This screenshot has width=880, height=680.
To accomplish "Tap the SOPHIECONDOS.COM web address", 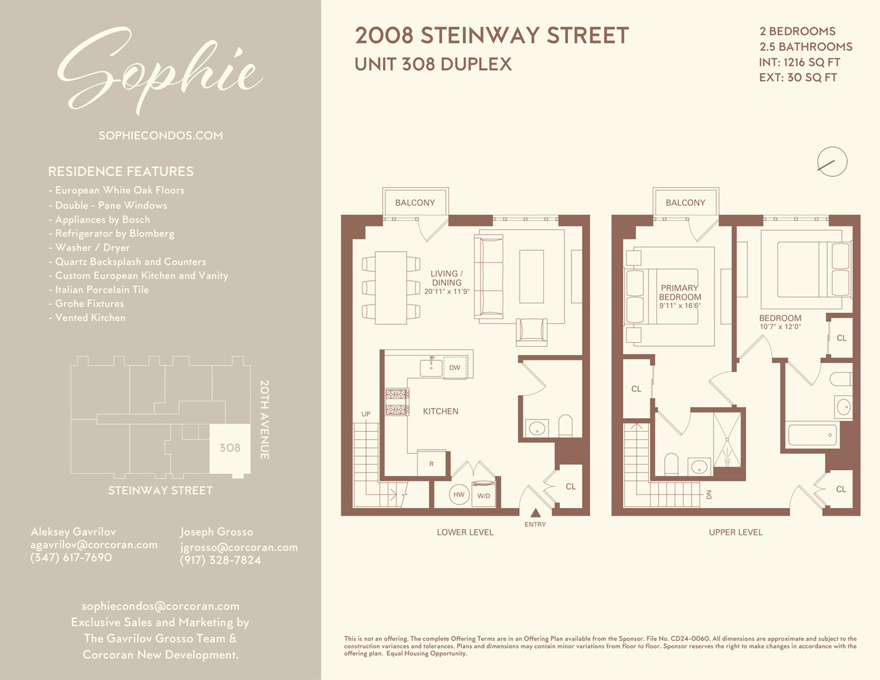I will click(160, 135).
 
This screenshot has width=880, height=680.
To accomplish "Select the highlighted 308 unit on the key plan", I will click(229, 448).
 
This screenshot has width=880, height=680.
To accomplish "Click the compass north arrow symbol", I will click(832, 163).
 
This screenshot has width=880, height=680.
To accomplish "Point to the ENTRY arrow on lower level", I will click(535, 513).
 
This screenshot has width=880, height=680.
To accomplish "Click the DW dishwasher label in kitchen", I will click(454, 368).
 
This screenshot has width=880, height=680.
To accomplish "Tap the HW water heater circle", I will click(459, 495).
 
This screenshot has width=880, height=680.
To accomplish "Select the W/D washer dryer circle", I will click(484, 496).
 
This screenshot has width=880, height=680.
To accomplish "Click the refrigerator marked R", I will click(431, 464).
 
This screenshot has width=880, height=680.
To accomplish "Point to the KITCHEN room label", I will click(441, 411).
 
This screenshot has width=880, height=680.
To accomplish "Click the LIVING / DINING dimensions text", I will click(447, 292).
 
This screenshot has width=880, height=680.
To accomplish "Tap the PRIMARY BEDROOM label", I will click(680, 292).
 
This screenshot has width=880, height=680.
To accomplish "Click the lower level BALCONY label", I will click(415, 203).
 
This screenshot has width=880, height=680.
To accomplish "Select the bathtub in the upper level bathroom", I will click(812, 435).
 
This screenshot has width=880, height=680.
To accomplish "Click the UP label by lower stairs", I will click(366, 414).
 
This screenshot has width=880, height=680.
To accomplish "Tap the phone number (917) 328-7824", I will click(220, 560).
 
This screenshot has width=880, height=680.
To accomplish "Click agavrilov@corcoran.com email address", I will click(94, 545).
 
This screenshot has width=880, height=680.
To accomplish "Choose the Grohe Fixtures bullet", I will click(89, 303).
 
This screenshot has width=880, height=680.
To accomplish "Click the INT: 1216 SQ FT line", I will click(800, 63).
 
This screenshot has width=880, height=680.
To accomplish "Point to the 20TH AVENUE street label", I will click(265, 420).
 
